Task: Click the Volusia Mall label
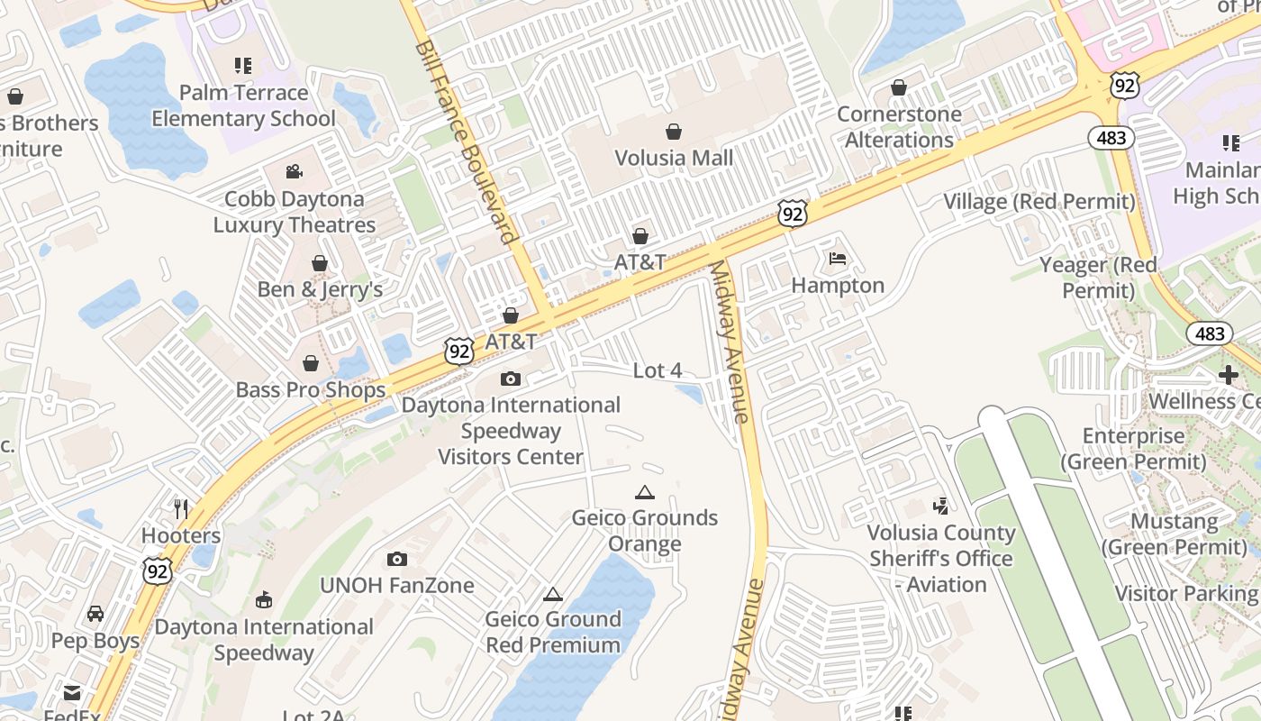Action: pos(674,159)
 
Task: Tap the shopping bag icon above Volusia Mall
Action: pos(674,132)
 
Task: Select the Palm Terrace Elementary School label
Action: pos(243,105)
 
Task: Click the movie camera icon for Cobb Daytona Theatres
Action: pos(294,171)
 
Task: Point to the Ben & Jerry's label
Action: pos(320,289)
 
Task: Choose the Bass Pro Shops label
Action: pos(311,390)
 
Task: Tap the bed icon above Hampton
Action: pos(838,260)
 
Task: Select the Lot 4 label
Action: pos(658,370)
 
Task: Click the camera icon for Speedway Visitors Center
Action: pos(511,379)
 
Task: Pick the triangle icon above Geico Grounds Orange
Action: pos(644,492)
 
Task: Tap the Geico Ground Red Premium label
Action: pos(553,632)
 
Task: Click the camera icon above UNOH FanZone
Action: pos(396,560)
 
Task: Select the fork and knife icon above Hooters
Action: pos(181,509)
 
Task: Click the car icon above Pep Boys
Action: pos(95,614)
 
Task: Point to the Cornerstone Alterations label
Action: pos(899,127)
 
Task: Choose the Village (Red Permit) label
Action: pos(1039,201)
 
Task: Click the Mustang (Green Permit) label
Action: pos(1175,534)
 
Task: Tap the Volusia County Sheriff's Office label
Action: pos(941,559)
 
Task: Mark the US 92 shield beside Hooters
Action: pos(158,570)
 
